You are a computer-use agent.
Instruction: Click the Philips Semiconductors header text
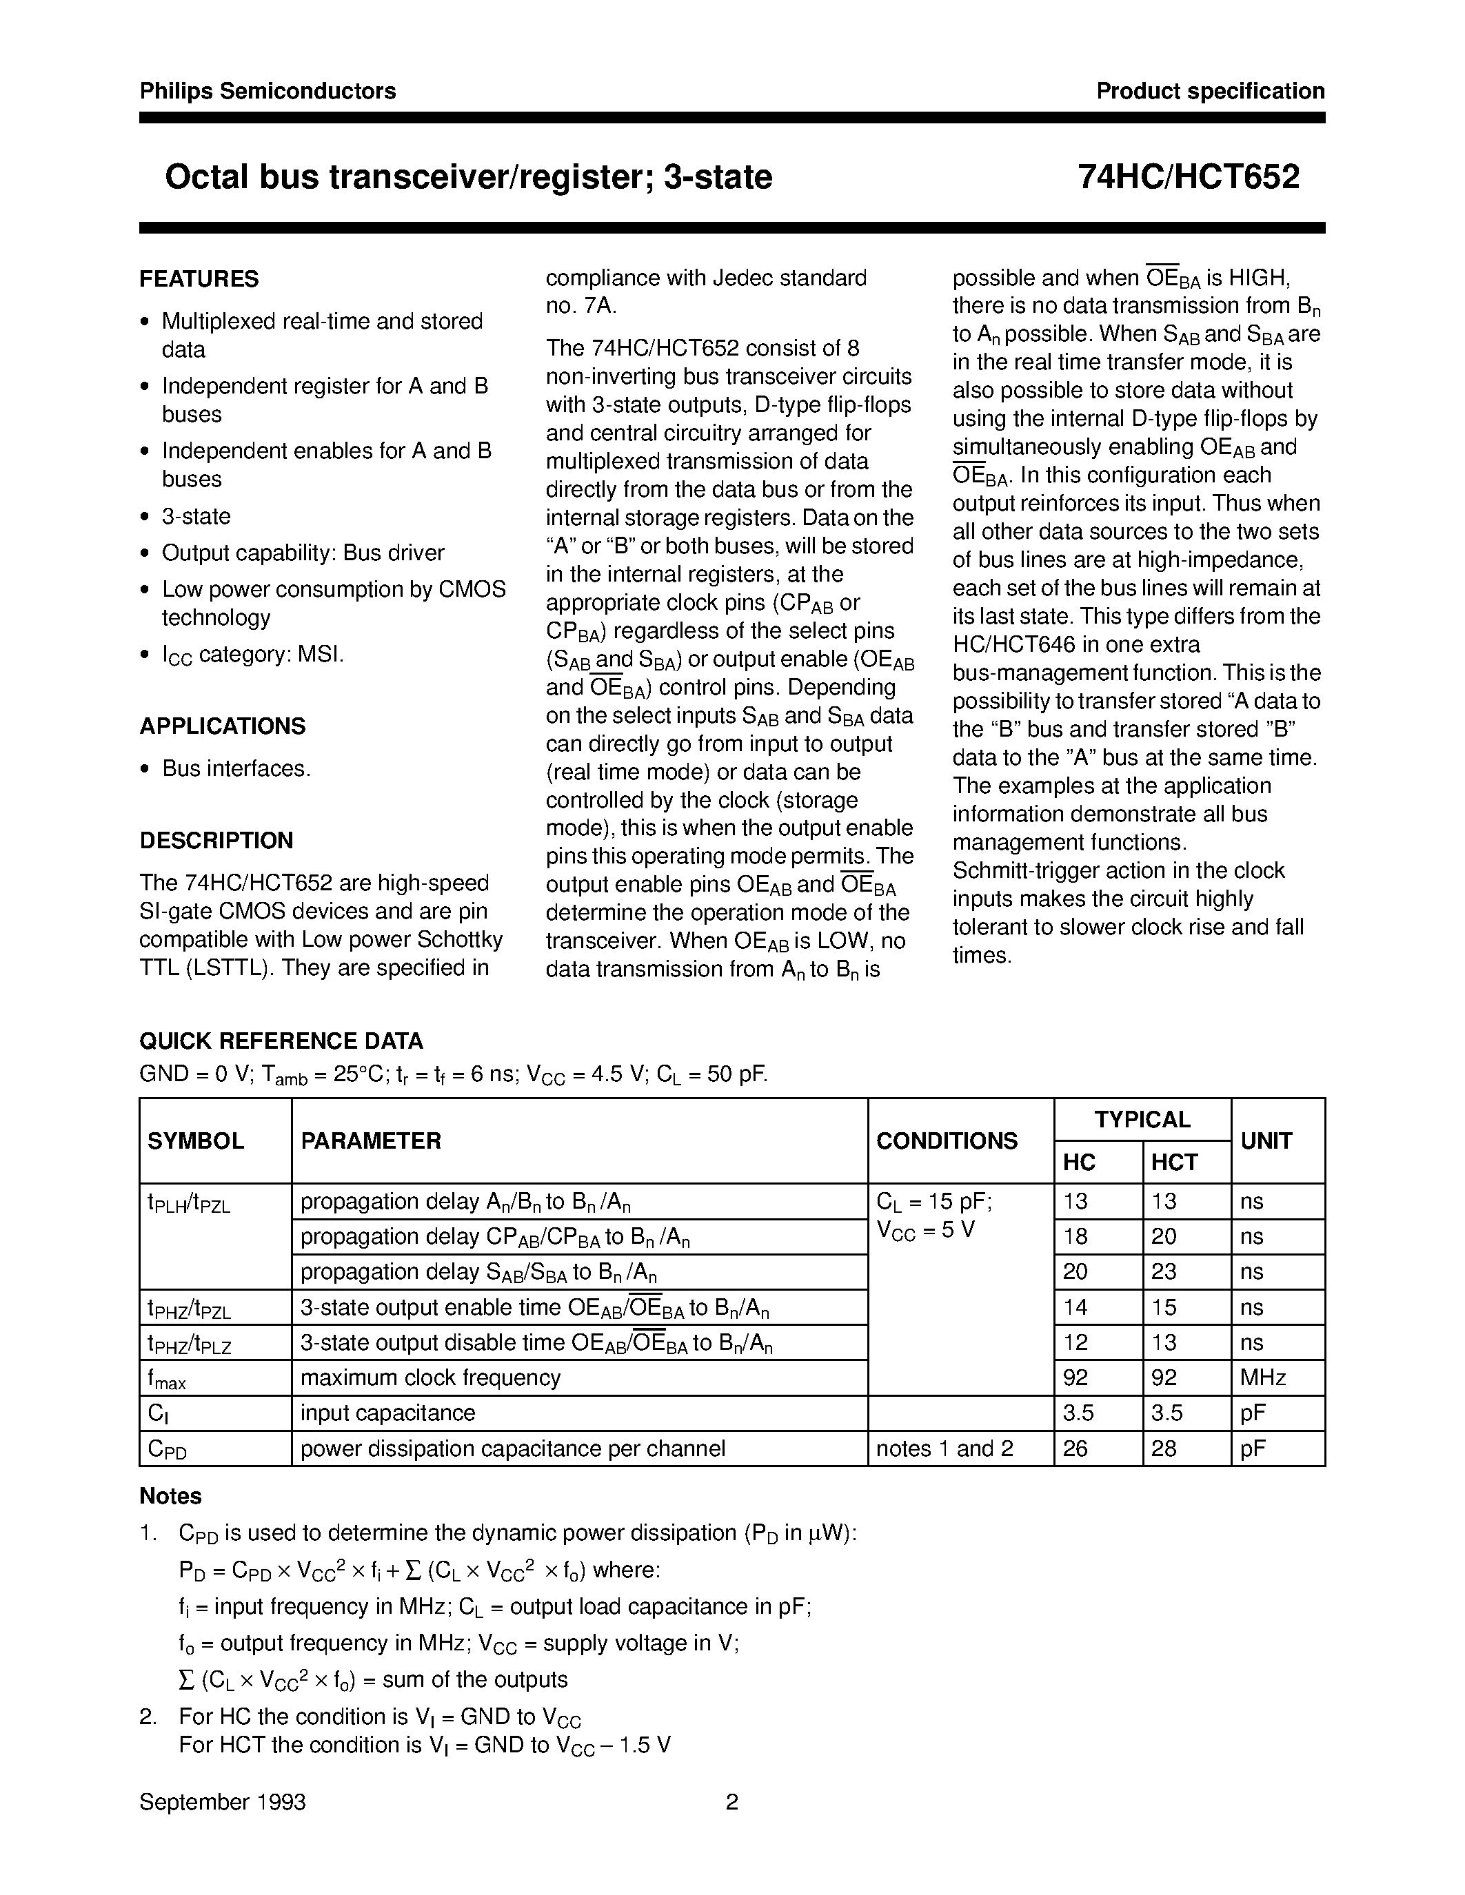pyautogui.click(x=267, y=91)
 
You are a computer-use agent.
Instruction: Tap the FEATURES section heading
pyautogui.click(x=199, y=279)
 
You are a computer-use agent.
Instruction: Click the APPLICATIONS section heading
pyautogui.click(x=222, y=726)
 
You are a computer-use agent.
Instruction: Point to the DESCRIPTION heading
pyautogui.click(x=216, y=841)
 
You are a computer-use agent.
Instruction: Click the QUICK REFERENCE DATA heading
pyautogui.click(x=281, y=1041)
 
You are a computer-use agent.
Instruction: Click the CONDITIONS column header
pyautogui.click(x=946, y=1141)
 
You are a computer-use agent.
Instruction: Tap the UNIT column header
pyautogui.click(x=1266, y=1141)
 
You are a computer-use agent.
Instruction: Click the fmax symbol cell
pyautogui.click(x=167, y=1379)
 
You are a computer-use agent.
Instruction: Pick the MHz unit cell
pyautogui.click(x=1263, y=1378)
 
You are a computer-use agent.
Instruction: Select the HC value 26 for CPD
pyautogui.click(x=1075, y=1449)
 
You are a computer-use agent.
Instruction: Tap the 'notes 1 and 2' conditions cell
pyautogui.click(x=944, y=1449)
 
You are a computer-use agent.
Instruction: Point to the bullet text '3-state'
pyautogui.click(x=196, y=517)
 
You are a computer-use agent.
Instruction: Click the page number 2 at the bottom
pyautogui.click(x=731, y=1803)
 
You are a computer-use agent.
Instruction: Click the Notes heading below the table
pyautogui.click(x=170, y=1497)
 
